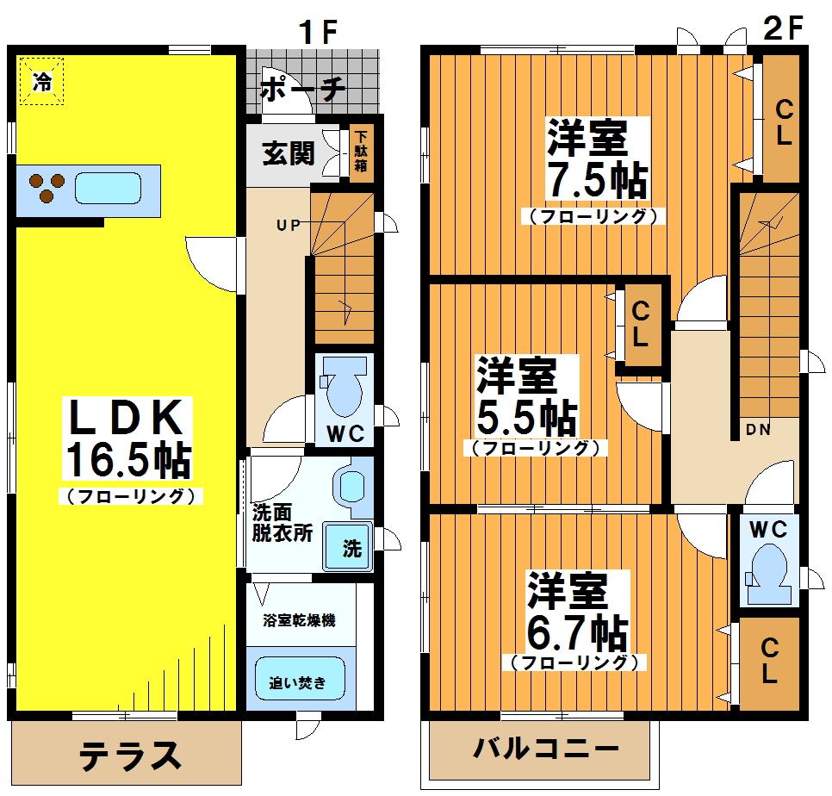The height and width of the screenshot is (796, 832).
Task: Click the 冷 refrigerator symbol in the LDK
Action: (42, 81)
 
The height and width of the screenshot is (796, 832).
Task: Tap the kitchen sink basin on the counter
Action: (109, 190)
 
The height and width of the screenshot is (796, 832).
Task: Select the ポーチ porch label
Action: (303, 89)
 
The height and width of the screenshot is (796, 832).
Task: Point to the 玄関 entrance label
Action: (289, 154)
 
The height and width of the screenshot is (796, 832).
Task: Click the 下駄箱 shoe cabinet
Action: (362, 152)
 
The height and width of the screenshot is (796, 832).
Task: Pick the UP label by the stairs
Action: (289, 226)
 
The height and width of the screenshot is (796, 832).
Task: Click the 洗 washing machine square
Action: (348, 547)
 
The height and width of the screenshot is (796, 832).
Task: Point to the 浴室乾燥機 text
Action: (299, 619)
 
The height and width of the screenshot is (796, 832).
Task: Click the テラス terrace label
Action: (130, 756)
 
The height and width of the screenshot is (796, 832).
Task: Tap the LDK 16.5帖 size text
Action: (127, 459)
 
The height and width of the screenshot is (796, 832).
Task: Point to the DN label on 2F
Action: (758, 429)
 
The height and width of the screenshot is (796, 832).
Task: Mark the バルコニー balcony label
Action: (546, 749)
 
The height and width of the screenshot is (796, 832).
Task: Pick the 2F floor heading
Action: (783, 28)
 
